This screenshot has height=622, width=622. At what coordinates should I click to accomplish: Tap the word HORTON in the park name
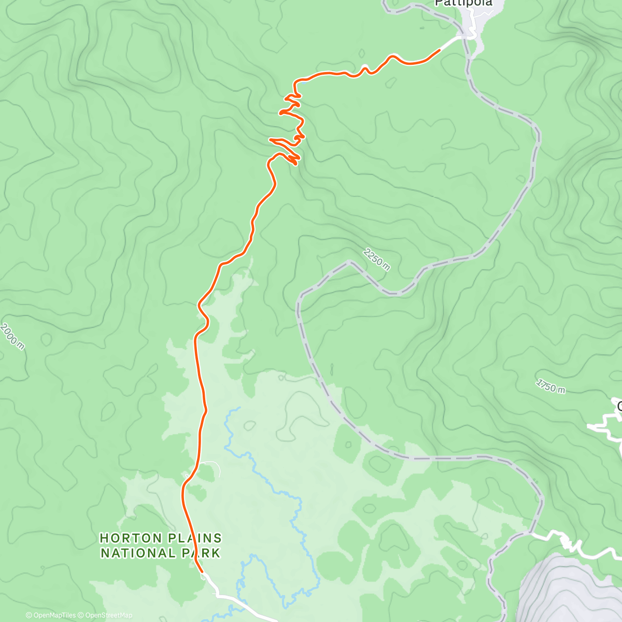pyautogui.click(x=126, y=539)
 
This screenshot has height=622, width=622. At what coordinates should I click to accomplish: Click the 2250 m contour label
pyautogui.click(x=377, y=259)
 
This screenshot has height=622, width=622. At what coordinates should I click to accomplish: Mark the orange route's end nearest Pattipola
pyautogui.click(x=440, y=50)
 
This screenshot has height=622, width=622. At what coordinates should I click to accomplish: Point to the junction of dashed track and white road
pyautogui.click(x=530, y=532)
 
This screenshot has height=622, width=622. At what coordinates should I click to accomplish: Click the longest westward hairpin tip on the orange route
pyautogui.click(x=270, y=139)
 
